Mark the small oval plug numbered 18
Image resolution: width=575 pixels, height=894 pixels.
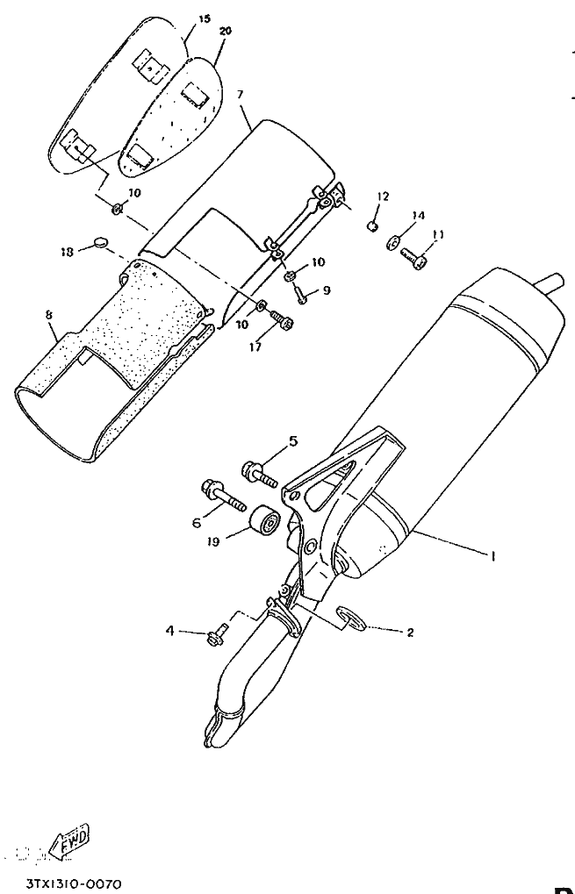[x=101, y=240]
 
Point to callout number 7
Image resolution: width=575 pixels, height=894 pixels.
[x=241, y=93]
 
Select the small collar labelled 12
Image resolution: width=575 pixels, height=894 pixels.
[x=372, y=226]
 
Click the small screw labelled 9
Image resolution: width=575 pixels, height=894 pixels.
[x=300, y=297]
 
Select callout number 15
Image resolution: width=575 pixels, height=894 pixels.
[x=205, y=18]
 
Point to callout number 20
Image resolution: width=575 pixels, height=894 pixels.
[x=226, y=31]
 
